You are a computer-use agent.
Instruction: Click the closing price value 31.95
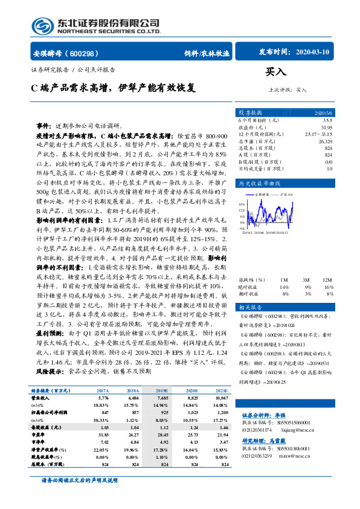pos(326,128)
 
